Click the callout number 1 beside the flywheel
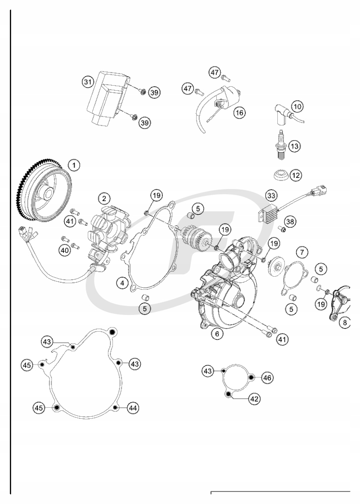pos(74,165)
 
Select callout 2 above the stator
pos(103,199)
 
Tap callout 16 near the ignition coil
pos(239,112)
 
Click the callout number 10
pos(297,106)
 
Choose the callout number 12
pos(295,175)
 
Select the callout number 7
pos(302,251)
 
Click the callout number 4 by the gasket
pos(122,283)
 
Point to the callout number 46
pos(267,376)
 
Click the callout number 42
pos(255,398)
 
